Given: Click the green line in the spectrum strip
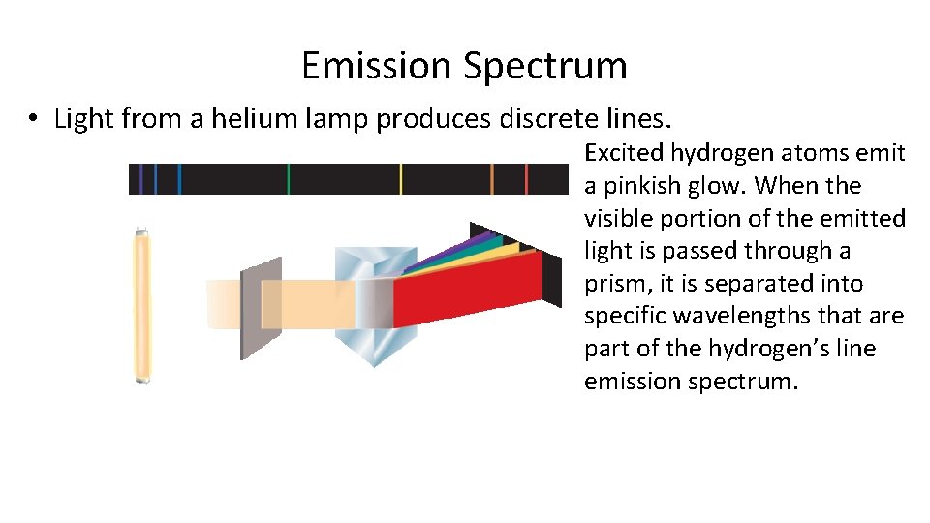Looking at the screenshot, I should point(288,179).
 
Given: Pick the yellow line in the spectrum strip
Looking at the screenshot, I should point(400,179).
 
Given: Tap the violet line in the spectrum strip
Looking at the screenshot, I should point(141,179).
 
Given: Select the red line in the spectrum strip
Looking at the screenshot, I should point(526,179).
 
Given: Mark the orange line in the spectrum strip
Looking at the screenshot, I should point(492,179).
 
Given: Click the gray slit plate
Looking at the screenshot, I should point(261,308).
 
